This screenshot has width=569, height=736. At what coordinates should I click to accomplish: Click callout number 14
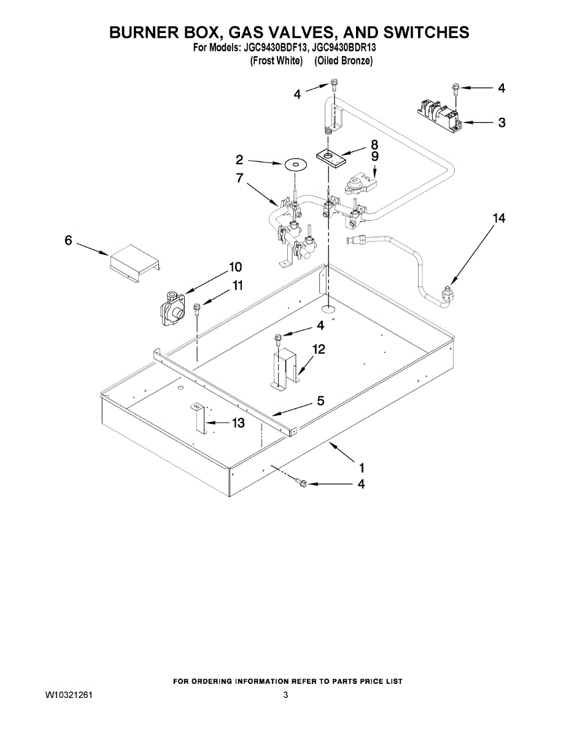coord(499,218)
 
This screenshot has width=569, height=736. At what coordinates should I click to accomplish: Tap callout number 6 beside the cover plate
coord(69,241)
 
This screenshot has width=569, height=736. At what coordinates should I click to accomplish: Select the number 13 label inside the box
coord(237,423)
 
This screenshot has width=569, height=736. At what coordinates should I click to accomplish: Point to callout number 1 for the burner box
coord(362,466)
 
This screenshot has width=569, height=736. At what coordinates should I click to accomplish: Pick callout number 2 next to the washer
coord(239,160)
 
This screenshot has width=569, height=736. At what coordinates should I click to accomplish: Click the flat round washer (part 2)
coord(295,164)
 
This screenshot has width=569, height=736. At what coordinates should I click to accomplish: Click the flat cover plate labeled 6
coord(134,259)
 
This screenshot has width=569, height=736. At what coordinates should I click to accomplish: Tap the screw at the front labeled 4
coord(301,483)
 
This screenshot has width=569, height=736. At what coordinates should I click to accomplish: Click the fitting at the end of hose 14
coord(447,294)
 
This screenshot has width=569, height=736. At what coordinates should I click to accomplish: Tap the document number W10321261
coord(69,695)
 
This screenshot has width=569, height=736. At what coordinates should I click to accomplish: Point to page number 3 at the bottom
coord(285,695)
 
